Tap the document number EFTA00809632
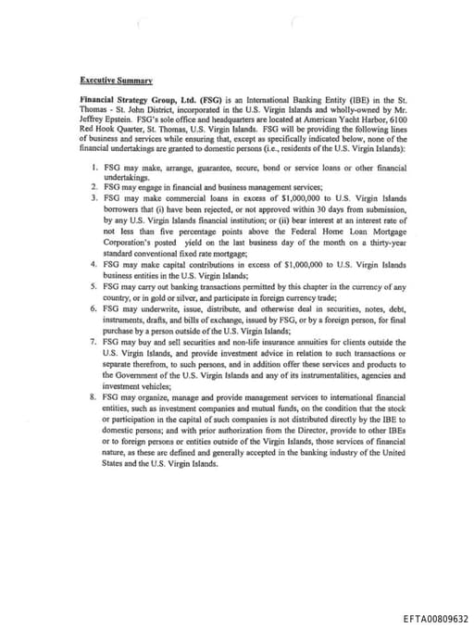[435, 616]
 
